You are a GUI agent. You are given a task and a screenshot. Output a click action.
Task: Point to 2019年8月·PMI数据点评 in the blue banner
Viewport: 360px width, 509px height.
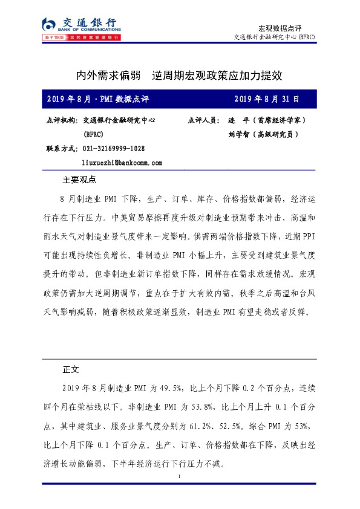(x=97, y=99)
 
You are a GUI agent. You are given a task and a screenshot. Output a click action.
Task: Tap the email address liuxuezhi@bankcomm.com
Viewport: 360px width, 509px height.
(x=122, y=163)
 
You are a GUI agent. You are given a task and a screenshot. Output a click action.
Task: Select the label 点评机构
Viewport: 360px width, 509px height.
(x=61, y=120)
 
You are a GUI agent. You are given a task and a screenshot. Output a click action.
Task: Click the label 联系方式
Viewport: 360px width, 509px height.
(x=61, y=149)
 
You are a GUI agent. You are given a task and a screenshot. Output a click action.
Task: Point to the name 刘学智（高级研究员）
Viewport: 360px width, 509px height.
(x=259, y=135)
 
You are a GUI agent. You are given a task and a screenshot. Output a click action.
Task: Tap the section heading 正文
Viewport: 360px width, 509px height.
(x=71, y=368)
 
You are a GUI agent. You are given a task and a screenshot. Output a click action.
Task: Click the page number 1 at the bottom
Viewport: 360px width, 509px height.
(x=180, y=478)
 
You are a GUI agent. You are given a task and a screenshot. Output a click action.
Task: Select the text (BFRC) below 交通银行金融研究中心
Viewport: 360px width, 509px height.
(x=93, y=135)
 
